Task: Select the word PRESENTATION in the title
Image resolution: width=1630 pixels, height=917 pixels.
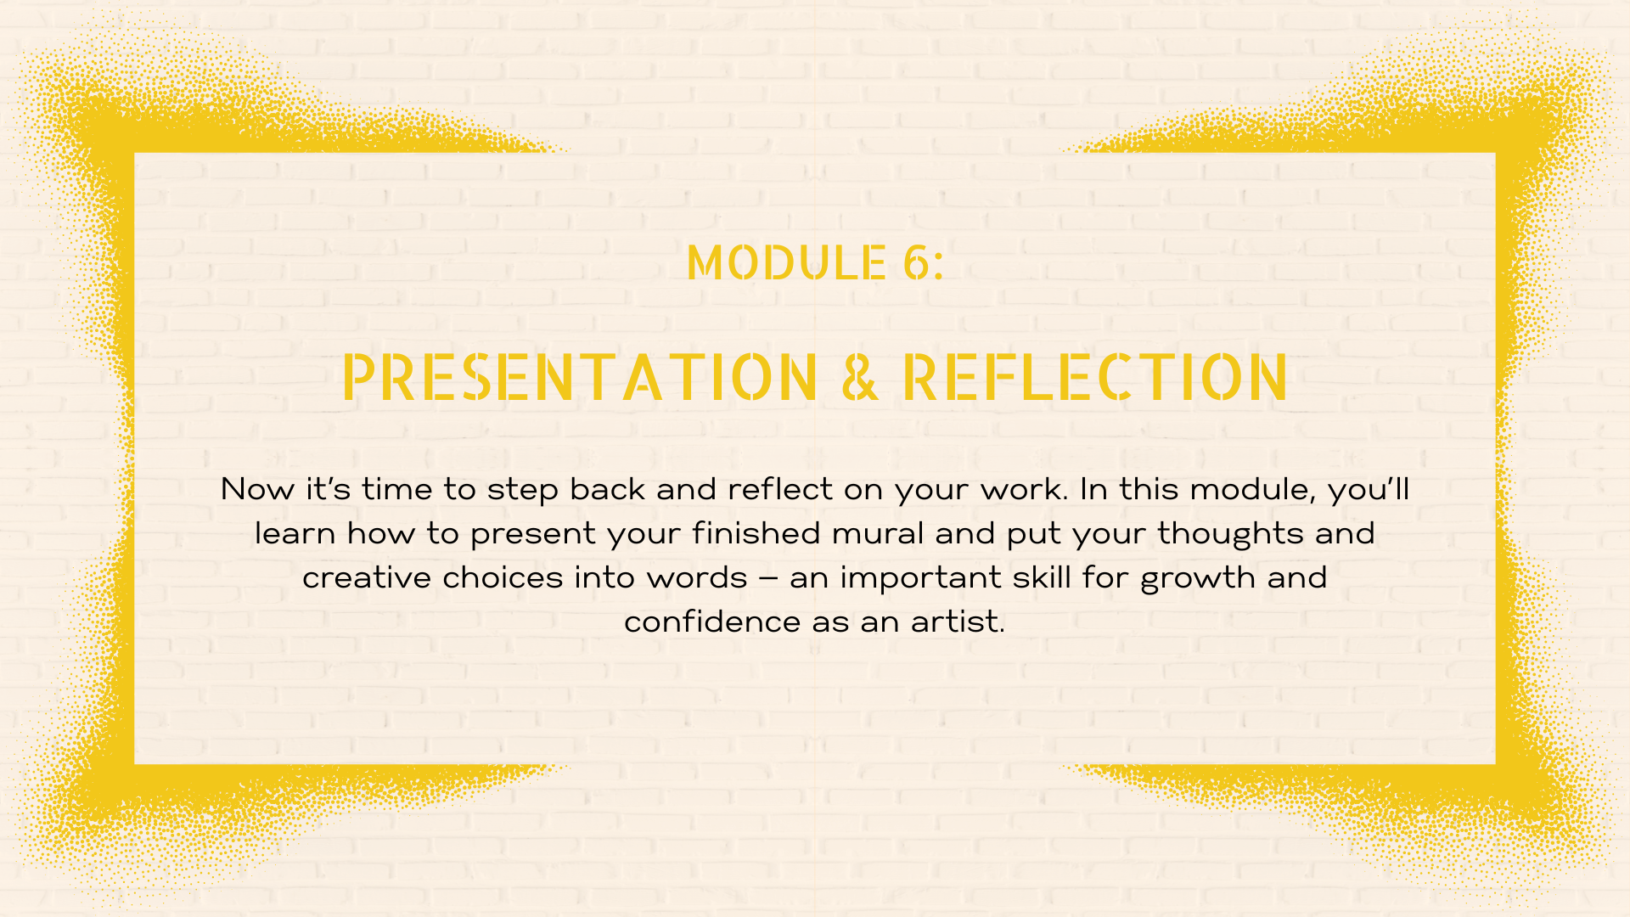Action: click(580, 377)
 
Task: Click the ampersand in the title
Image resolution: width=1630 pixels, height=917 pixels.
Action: click(860, 377)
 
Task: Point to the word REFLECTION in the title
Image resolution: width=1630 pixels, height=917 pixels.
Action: click(1095, 377)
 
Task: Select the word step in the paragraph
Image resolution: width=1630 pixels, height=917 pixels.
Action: click(522, 491)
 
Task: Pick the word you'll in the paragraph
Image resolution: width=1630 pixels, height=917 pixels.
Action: click(1368, 490)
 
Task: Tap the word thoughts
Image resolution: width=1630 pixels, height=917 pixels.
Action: click(1230, 534)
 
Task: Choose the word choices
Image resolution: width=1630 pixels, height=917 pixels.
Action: click(503, 577)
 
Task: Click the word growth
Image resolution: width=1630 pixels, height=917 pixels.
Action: click(1198, 578)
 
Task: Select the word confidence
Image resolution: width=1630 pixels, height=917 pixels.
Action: click(713, 622)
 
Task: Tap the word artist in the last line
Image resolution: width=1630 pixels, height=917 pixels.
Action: click(958, 622)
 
